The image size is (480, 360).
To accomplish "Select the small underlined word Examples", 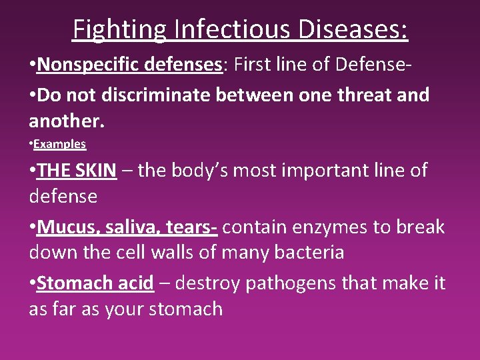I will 59,143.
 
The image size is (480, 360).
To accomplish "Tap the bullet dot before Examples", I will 31,144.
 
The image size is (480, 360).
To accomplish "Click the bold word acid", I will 133,283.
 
